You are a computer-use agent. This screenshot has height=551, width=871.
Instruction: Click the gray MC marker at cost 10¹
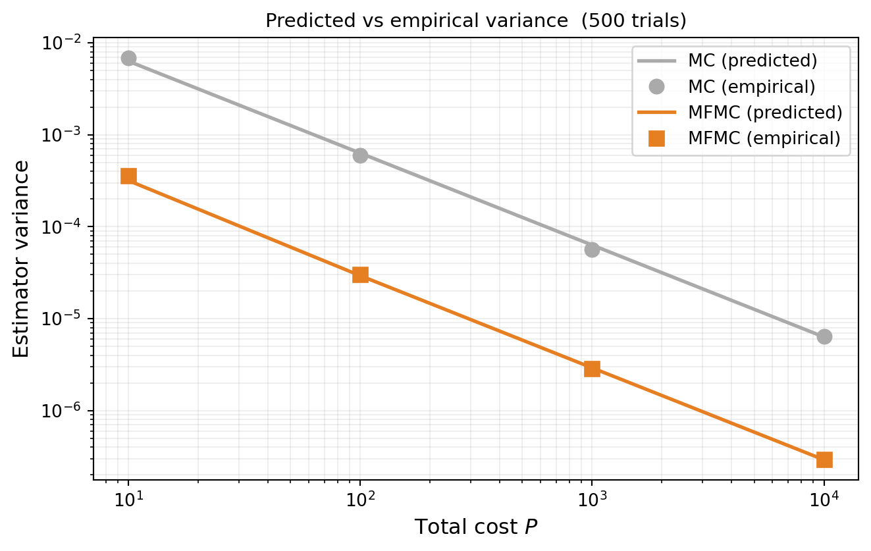pos(128,59)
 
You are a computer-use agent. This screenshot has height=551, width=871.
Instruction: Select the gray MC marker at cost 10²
pos(360,155)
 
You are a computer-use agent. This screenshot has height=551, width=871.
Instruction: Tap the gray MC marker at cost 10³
pos(592,249)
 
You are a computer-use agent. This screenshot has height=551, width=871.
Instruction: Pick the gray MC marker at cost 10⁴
pos(824,336)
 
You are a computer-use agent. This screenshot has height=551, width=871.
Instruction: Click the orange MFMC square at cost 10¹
pos(128,176)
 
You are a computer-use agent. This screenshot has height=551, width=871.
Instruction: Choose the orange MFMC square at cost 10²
pos(360,275)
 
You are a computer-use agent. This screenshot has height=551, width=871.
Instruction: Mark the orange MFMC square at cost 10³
pos(592,369)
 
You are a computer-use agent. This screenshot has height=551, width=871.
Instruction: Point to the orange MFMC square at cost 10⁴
pos(824,459)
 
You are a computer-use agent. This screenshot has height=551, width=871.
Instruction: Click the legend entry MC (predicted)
pos(752,61)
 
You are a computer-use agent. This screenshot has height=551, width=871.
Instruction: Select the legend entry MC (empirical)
pos(752,86)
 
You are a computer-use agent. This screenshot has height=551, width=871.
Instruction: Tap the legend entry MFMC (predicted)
pos(765,113)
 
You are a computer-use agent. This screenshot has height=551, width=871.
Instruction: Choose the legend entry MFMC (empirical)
pos(764,138)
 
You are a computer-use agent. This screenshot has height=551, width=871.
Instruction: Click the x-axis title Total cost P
pos(475,527)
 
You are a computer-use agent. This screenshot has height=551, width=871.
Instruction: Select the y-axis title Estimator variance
pos(21,258)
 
